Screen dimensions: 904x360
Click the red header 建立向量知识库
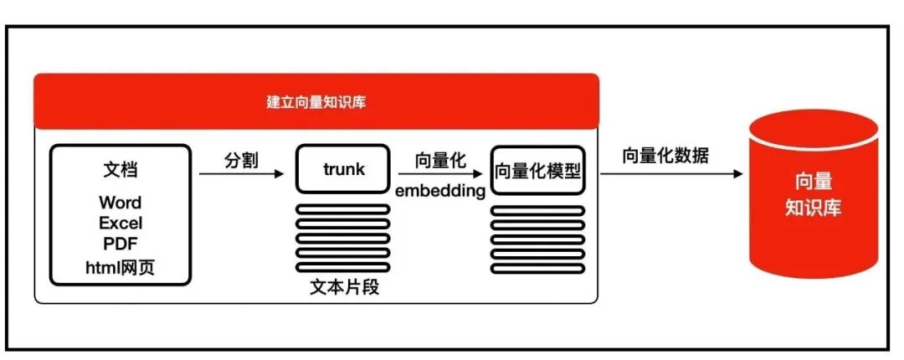[x=316, y=102]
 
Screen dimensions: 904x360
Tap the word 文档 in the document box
[x=120, y=171]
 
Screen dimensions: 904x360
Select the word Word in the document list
[x=120, y=203]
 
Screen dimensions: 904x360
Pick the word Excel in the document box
[x=120, y=224]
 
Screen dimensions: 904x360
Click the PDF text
[x=120, y=244]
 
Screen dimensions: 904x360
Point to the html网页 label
[x=120, y=267]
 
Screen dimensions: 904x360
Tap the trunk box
[x=343, y=170]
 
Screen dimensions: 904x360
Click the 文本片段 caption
[x=343, y=287]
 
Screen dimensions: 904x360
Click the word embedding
[x=440, y=191]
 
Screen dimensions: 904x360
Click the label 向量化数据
[x=665, y=156]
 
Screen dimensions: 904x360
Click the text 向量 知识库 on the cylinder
[x=813, y=195]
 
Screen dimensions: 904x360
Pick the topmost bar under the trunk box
[x=342, y=208]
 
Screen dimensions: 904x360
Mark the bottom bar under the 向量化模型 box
[x=537, y=269]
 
